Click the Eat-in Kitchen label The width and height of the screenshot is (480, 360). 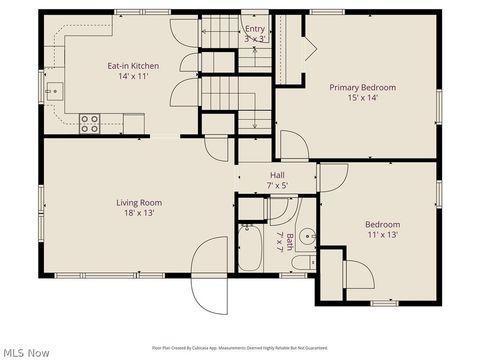(x=133, y=66)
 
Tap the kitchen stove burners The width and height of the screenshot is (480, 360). (x=90, y=123)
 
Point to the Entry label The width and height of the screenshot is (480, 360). (x=255, y=29)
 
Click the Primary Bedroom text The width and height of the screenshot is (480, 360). (x=362, y=88)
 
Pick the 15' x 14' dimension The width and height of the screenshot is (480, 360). (x=362, y=99)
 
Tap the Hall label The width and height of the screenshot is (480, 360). (x=277, y=175)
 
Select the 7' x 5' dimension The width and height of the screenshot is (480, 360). (x=277, y=185)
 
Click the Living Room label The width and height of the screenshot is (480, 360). (x=139, y=202)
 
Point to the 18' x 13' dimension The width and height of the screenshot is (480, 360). (x=139, y=213)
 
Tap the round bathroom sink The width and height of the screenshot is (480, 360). (x=310, y=238)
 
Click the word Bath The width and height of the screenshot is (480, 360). (x=290, y=240)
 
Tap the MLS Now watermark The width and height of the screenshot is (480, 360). (x=26, y=351)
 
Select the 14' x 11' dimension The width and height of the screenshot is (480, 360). (x=133, y=77)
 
